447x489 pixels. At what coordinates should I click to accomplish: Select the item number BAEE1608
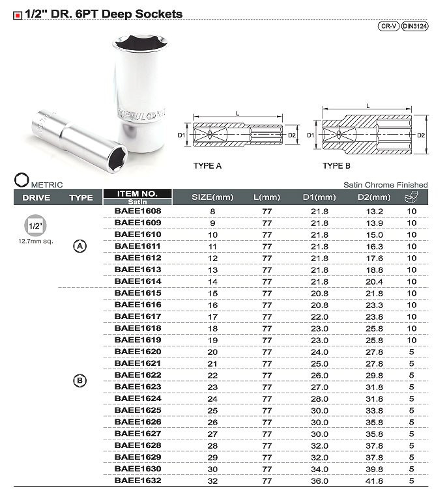pos(137,211)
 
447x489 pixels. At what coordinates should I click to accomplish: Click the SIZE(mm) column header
pos(212,197)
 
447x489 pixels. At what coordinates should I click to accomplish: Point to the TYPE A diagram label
pos(207,165)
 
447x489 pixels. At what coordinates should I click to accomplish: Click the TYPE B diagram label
pos(336,165)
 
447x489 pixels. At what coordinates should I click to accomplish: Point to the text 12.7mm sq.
pos(35,241)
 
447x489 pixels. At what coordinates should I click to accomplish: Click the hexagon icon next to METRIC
pos(21,180)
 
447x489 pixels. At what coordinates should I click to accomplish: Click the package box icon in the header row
pos(411,197)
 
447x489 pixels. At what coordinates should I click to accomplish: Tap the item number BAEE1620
pos(137,352)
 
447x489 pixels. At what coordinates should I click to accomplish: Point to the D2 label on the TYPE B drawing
pos(421,135)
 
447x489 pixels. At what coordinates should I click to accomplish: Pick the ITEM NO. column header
pos(137,193)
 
